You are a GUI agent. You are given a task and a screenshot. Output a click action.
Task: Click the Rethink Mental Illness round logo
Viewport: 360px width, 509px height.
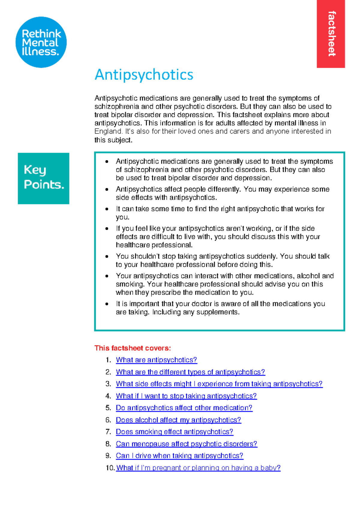coord(41,42)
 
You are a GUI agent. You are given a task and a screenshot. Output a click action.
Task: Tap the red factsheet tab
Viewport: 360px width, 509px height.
coord(331,34)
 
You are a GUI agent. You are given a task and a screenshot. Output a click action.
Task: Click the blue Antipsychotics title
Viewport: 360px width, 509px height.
coord(144,75)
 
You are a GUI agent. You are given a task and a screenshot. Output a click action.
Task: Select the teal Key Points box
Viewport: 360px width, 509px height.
coord(43,178)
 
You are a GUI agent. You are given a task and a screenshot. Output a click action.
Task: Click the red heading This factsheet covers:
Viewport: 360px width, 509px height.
coord(133,348)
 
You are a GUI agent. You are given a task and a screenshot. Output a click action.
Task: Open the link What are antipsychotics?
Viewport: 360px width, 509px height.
coord(156,360)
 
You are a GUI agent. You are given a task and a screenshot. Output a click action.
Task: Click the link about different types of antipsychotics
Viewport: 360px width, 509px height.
coord(190,372)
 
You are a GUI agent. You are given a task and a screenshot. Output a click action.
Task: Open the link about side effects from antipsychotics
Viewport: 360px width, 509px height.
coord(219,384)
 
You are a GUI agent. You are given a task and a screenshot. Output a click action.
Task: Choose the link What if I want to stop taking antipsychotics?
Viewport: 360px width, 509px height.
coord(186,396)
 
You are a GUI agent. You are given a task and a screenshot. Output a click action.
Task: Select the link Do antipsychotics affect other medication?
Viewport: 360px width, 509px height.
coord(184,408)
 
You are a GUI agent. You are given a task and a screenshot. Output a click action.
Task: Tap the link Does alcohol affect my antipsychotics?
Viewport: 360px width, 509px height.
coord(178,420)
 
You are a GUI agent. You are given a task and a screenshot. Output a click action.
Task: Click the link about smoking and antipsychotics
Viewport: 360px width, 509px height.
coord(174,432)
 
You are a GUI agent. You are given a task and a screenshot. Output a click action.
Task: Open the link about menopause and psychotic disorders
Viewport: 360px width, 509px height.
coord(187,444)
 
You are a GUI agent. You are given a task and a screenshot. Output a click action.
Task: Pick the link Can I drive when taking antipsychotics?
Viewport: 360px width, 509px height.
coord(179,456)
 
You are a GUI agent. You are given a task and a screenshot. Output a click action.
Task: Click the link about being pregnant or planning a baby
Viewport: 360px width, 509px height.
coord(198,468)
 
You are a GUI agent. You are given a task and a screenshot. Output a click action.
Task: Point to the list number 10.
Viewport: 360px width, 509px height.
coord(109,468)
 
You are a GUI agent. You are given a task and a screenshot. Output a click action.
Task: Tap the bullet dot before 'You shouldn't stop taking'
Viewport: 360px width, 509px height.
coord(107,256)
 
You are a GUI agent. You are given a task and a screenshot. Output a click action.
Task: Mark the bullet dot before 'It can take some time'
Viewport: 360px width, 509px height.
coord(107,209)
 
